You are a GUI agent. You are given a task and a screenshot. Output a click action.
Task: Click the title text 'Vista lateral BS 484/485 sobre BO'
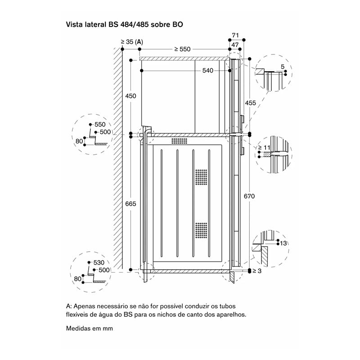click(x=124, y=25)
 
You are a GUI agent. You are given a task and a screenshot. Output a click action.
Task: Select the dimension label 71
click(x=235, y=36)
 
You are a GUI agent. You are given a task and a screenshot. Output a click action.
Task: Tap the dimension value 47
click(x=235, y=45)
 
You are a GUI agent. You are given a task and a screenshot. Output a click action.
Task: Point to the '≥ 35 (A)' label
click(x=132, y=42)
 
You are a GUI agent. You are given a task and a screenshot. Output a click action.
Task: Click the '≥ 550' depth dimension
click(x=182, y=49)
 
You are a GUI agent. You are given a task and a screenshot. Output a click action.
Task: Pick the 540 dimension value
click(x=208, y=71)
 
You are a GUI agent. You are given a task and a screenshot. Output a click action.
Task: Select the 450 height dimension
click(x=130, y=96)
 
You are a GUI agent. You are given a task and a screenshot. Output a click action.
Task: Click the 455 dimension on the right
click(x=250, y=103)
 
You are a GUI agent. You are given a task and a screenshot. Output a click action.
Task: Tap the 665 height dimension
click(x=130, y=204)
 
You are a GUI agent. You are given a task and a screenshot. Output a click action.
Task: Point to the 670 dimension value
click(x=249, y=196)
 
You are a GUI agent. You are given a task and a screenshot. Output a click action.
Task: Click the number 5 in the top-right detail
click(x=283, y=67)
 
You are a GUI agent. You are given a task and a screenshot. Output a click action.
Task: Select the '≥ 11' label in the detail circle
click(x=265, y=148)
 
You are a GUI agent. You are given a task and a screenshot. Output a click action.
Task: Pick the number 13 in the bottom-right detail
click(x=283, y=243)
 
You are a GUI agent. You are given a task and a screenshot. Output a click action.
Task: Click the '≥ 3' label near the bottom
click(x=257, y=271)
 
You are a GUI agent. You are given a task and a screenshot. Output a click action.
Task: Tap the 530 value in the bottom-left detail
click(x=99, y=262)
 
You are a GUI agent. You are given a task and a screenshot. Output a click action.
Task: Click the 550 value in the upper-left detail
click(x=100, y=125)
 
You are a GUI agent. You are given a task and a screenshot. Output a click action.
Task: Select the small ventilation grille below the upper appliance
click(x=179, y=141)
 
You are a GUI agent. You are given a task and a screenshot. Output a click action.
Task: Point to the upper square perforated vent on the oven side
click(x=201, y=177)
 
